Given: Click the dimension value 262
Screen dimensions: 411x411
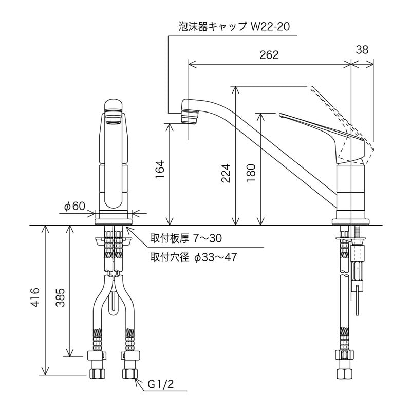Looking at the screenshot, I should pos(269,55).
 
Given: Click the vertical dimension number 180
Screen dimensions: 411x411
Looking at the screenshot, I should pos(251,173).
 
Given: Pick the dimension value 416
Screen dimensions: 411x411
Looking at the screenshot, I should pos(34,297).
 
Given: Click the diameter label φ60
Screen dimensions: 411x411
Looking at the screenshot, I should pos(74,206).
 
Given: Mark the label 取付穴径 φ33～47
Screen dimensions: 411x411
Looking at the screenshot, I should pos(193,257).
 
